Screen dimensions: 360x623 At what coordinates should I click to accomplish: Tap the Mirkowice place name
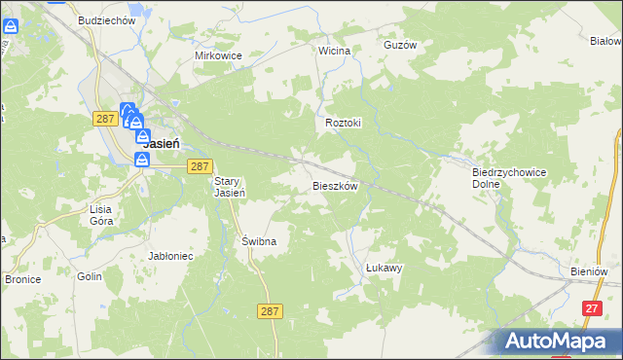[x=218, y=55]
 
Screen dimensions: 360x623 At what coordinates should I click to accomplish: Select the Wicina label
[x=334, y=49]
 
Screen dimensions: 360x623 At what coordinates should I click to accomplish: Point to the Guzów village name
[x=400, y=45]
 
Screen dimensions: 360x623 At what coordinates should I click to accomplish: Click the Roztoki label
[x=343, y=124]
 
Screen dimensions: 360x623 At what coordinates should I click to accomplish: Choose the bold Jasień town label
[x=161, y=142]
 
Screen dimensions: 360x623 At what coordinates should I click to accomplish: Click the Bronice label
[x=21, y=279]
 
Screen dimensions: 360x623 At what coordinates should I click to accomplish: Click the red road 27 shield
[x=590, y=307]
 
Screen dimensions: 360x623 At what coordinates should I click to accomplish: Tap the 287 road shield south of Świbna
[x=272, y=311]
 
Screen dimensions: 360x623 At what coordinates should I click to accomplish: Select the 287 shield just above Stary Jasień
[x=199, y=166]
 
